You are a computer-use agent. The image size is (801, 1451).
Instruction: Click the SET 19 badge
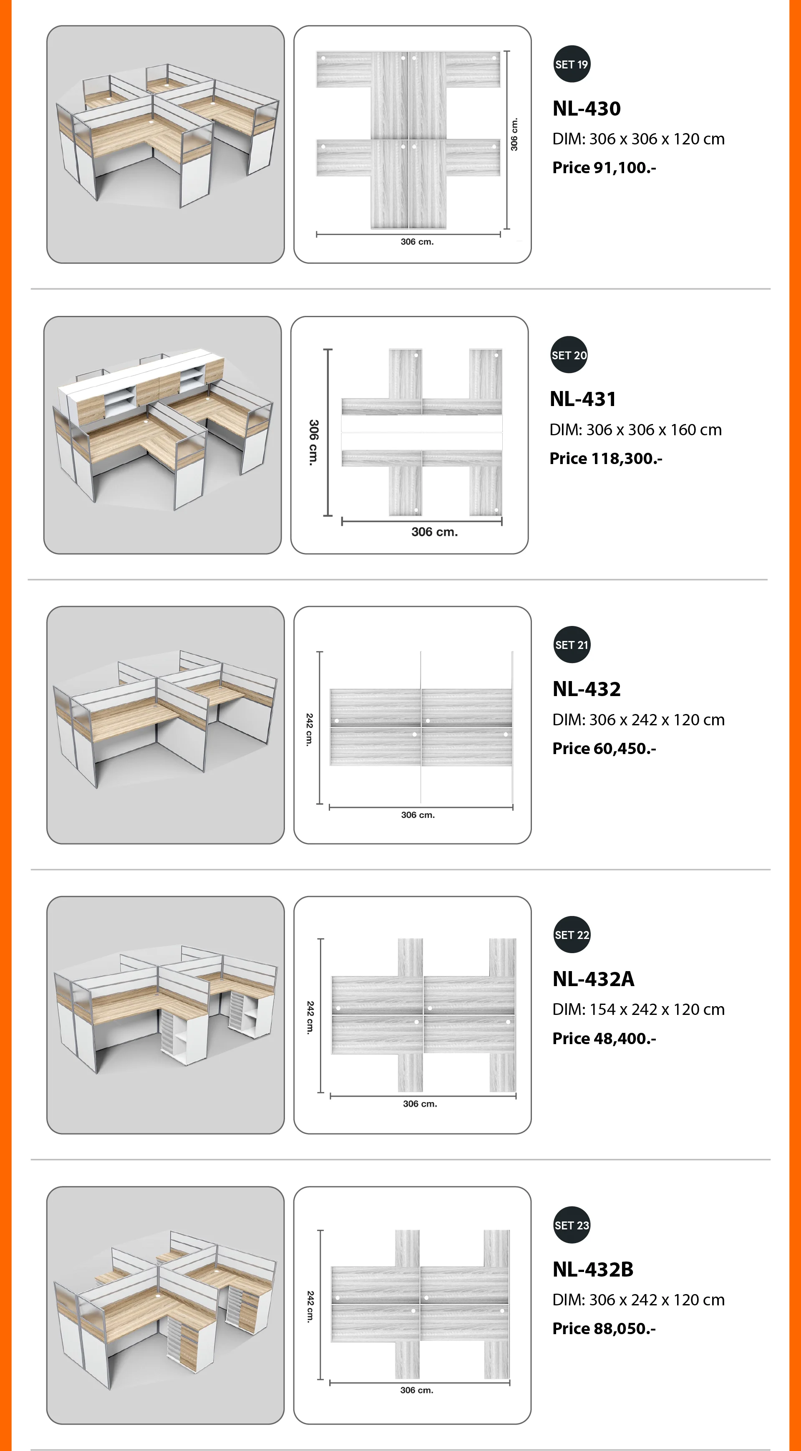[572, 64]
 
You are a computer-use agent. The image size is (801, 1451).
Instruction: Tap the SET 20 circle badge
[569, 355]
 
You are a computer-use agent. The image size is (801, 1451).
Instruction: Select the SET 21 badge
[572, 645]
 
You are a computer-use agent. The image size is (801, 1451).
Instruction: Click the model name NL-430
[587, 108]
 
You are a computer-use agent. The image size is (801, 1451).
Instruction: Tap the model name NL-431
[583, 399]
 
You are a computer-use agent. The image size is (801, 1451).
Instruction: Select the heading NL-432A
[594, 979]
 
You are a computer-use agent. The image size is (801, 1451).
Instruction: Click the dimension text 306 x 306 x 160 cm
[654, 430]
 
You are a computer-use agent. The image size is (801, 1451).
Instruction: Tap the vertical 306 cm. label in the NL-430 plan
[514, 134]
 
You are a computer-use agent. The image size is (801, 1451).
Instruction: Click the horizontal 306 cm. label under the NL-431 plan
[434, 532]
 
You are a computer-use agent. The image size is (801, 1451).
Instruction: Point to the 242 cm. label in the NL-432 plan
[309, 729]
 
